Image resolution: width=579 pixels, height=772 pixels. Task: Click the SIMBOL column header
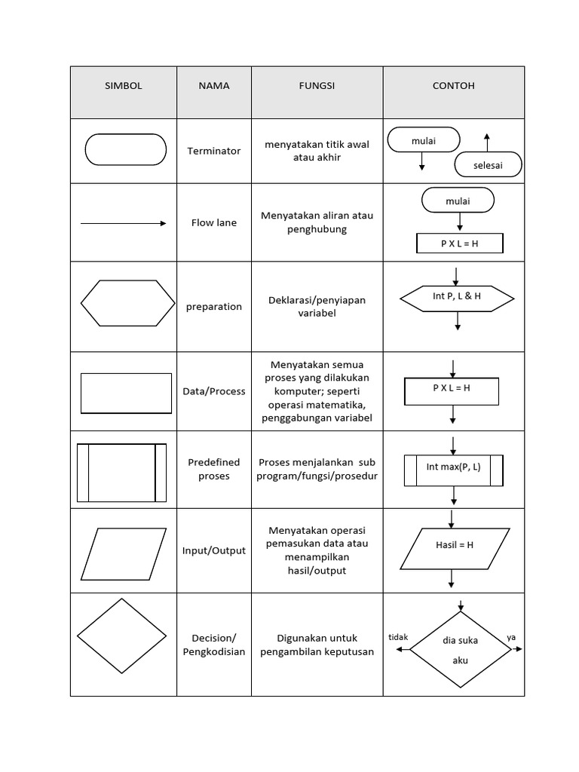124,86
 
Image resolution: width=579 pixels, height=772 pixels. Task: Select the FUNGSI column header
317,86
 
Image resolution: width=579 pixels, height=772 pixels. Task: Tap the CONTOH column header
453,86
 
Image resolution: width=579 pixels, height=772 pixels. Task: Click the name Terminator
214,151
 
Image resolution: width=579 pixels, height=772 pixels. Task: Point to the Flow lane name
214,223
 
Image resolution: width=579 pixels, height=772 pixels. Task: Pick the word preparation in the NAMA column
214,307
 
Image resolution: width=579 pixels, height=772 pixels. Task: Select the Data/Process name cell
214,391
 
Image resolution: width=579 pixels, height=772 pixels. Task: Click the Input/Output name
214,551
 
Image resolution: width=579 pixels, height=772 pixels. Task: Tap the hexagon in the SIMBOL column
125,303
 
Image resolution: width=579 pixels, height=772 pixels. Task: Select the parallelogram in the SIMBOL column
124,553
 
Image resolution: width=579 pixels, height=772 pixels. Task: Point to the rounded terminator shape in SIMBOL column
126,149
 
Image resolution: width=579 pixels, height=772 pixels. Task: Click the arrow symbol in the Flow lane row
123,223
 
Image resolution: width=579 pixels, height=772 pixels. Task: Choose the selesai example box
488,164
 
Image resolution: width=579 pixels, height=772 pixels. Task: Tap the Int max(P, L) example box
454,469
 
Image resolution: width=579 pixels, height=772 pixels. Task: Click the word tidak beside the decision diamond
398,637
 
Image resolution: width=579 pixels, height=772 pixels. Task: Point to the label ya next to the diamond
512,637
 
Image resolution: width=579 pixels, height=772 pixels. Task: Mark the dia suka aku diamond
460,650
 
